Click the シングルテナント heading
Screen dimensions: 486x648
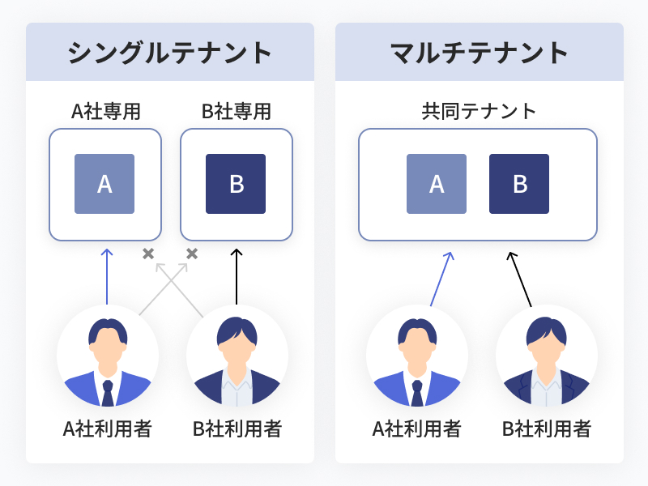pos(169,53)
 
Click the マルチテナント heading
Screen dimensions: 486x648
pos(479,53)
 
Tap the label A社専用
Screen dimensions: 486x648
pos(105,112)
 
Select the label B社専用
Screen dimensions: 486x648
pos(236,112)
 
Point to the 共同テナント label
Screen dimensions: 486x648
pos(479,112)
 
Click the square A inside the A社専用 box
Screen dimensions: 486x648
pos(104,184)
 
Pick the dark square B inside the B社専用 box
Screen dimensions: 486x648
pos(236,184)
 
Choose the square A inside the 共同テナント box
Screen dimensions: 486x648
pos(437,184)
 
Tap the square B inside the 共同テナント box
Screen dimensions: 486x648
pos(519,184)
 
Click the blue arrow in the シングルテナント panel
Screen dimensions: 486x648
pos(106,275)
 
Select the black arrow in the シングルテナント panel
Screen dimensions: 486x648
pos(237,275)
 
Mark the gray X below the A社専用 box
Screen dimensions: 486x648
pos(148,254)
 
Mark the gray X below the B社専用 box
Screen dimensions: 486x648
pos(192,254)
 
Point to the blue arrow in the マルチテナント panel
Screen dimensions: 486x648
pos(441,279)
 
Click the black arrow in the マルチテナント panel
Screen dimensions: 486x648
pos(521,279)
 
